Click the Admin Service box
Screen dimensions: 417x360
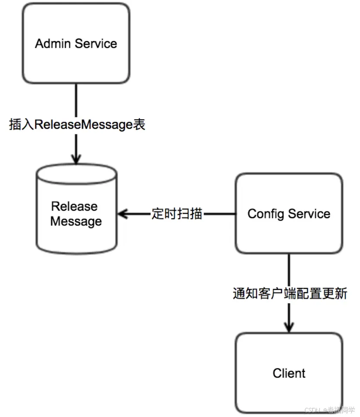(x=76, y=43)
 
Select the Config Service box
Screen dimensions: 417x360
(x=289, y=213)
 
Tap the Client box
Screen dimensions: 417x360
(x=289, y=373)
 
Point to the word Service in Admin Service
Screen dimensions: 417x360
(x=96, y=43)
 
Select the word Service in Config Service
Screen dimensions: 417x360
(x=309, y=214)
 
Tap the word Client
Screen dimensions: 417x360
(x=289, y=373)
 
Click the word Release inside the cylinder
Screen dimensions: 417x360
(x=74, y=206)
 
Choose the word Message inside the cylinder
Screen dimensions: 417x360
(x=76, y=221)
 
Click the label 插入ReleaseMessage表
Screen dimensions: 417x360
(x=77, y=125)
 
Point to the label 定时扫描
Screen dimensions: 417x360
(x=177, y=214)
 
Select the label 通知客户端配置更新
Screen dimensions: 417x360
(x=290, y=293)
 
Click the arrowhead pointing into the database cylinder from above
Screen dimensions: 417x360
(x=76, y=159)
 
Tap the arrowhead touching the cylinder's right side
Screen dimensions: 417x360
(x=123, y=214)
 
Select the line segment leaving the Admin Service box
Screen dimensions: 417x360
(x=76, y=100)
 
